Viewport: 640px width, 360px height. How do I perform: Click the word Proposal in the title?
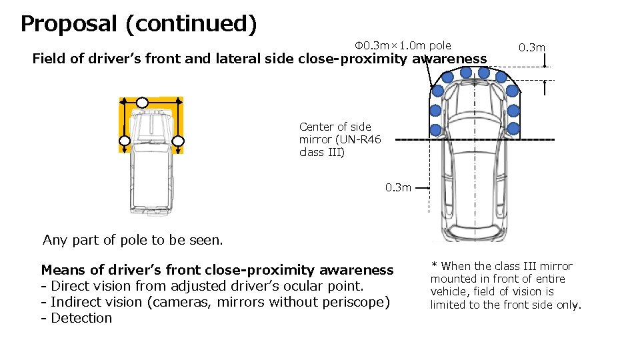[67, 24]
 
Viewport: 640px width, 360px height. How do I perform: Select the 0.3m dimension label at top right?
[532, 47]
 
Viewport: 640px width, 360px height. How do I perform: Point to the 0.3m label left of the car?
[398, 188]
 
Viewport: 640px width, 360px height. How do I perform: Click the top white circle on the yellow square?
[142, 103]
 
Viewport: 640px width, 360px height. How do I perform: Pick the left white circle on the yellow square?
[125, 141]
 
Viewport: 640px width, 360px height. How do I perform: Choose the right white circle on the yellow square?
[178, 141]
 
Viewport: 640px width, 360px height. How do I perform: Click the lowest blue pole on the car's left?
[435, 129]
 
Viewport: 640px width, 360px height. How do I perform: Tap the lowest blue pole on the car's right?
[513, 128]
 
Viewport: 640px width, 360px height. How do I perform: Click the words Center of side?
[335, 127]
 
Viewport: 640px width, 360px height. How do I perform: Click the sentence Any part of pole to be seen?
[133, 240]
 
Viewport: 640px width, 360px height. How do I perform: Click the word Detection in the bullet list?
[81, 318]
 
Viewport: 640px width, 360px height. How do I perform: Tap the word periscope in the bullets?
[357, 302]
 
